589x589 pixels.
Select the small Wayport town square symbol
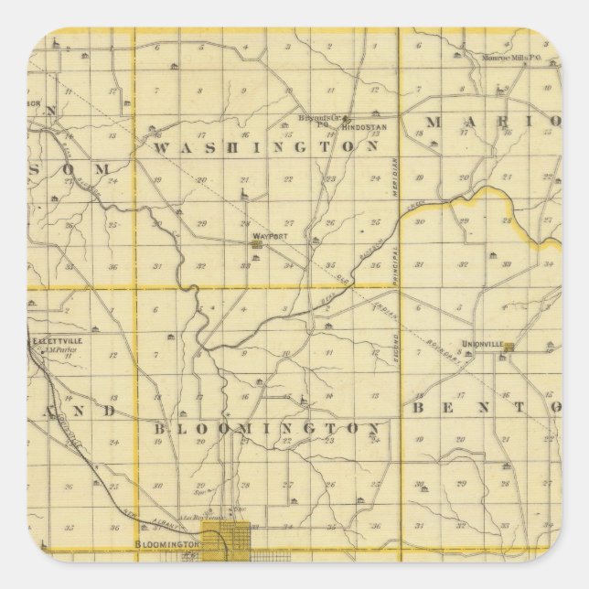(259, 243)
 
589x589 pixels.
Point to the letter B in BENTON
(417, 407)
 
